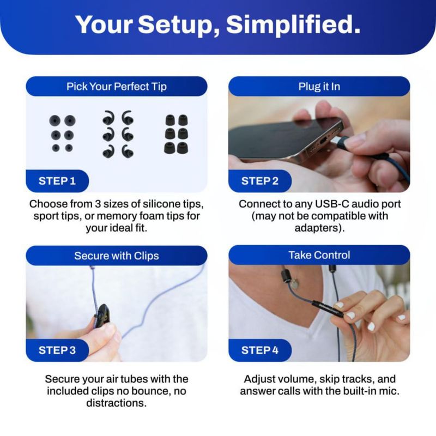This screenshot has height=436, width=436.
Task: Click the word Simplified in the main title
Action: (293, 25)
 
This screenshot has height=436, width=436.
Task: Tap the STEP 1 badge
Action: (57, 181)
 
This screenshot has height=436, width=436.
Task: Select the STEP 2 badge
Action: (260, 181)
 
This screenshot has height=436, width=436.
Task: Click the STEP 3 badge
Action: (57, 350)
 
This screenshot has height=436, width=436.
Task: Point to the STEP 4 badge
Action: (260, 350)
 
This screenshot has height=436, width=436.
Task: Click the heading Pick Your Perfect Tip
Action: (117, 87)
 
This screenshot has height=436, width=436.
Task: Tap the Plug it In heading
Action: (319, 87)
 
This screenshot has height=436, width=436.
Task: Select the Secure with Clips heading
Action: (117, 256)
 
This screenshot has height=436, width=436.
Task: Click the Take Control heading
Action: (319, 255)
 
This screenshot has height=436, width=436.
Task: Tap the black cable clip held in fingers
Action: (101, 316)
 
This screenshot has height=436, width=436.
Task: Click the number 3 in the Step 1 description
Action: (98, 204)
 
